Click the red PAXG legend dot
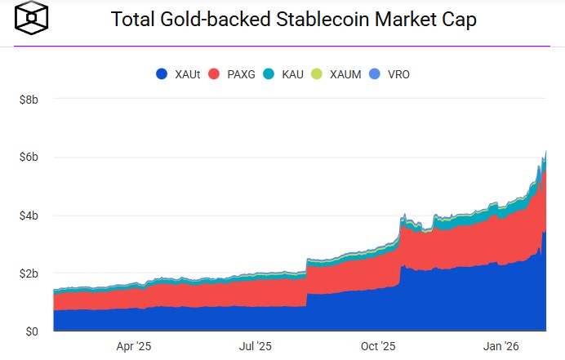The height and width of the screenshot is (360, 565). click(x=215, y=74)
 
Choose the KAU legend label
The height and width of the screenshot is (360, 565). click(x=292, y=74)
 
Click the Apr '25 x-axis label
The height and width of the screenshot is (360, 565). click(x=134, y=346)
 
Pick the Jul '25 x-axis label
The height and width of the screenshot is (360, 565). click(x=254, y=346)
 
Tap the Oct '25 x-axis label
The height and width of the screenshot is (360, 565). click(x=377, y=346)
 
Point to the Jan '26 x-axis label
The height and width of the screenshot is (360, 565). click(x=499, y=346)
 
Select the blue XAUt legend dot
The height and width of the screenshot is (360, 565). click(x=162, y=74)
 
